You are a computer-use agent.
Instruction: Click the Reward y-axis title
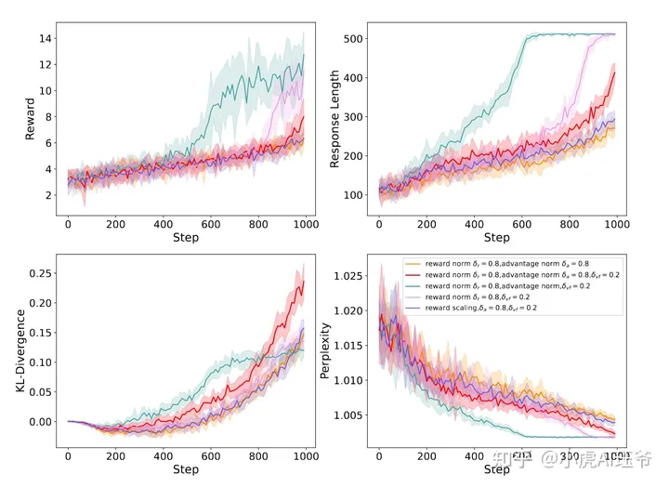(x=30, y=124)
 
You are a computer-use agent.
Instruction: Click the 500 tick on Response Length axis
(x=353, y=39)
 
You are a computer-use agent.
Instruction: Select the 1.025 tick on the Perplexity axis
(x=347, y=276)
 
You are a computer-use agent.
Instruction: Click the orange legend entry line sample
(x=412, y=265)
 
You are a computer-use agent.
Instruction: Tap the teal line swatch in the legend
(x=412, y=286)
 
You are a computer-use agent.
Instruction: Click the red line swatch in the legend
(x=412, y=275)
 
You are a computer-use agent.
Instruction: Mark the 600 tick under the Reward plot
(x=211, y=225)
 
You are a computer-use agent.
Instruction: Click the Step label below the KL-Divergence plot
(x=186, y=470)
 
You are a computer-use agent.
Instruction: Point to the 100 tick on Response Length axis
(x=353, y=195)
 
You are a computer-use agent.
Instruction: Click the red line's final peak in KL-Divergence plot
(x=303, y=283)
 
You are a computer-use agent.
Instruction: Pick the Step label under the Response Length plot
(x=497, y=238)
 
